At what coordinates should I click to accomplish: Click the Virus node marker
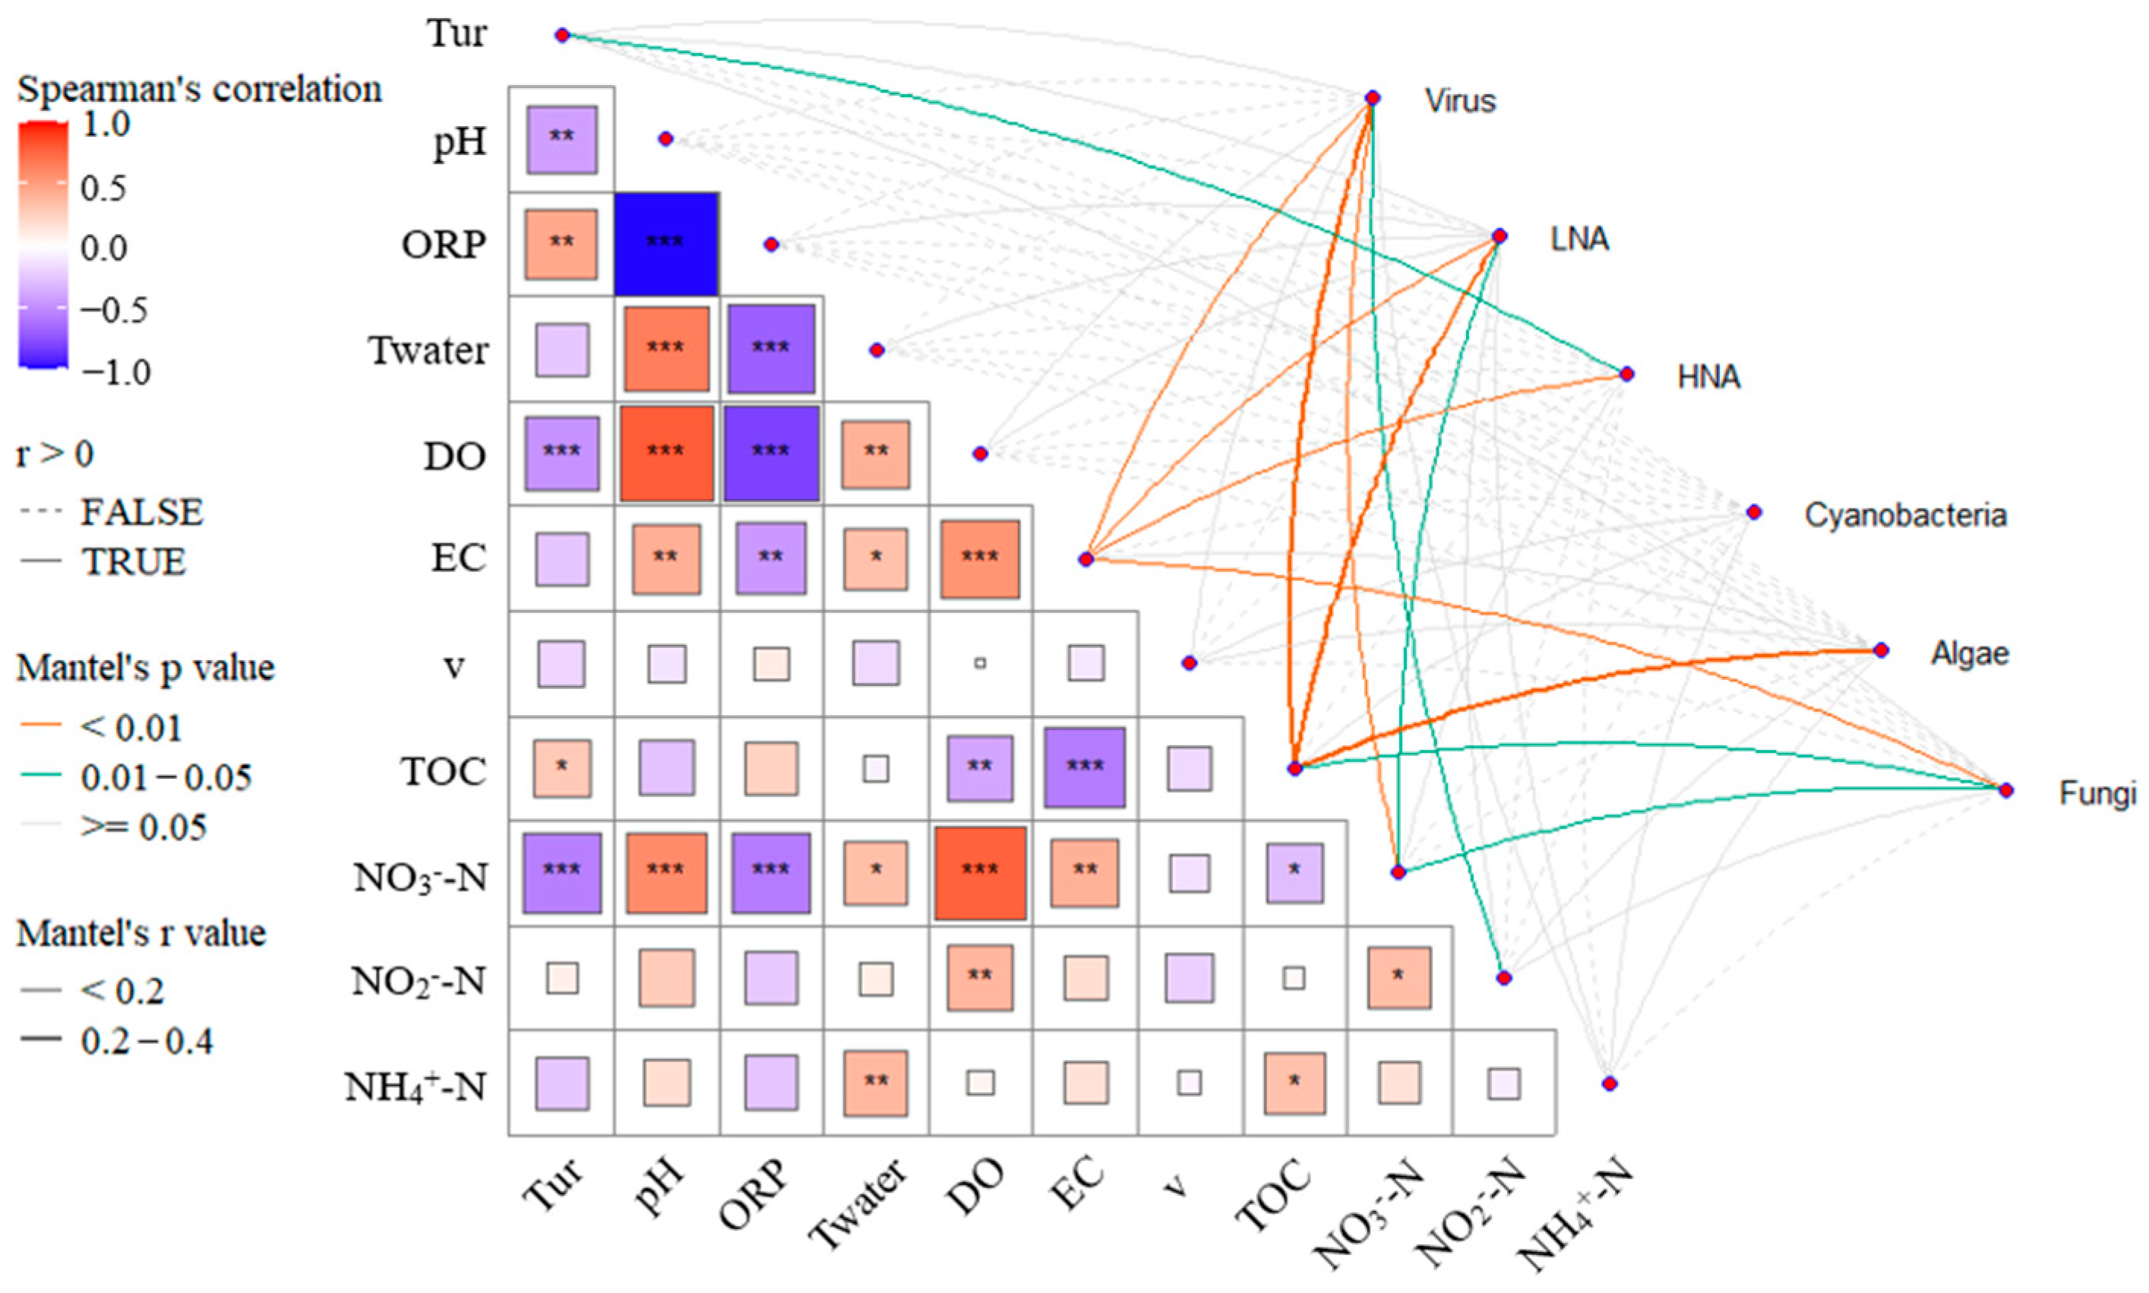pyautogui.click(x=1372, y=97)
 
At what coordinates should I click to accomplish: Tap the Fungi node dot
pyautogui.click(x=2006, y=790)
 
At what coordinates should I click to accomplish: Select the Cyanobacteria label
pyautogui.click(x=1905, y=515)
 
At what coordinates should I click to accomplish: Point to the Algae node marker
pyautogui.click(x=1881, y=650)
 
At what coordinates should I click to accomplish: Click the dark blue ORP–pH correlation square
pyautogui.click(x=666, y=244)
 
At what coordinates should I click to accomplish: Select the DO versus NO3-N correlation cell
pyautogui.click(x=980, y=873)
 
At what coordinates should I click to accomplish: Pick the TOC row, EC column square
pyautogui.click(x=1085, y=767)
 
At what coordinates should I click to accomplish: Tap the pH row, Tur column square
pyautogui.click(x=562, y=140)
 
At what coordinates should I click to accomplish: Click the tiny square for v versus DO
pyautogui.click(x=980, y=663)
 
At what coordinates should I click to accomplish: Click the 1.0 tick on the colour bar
pyautogui.click(x=106, y=125)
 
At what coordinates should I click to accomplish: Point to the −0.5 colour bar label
pyautogui.click(x=113, y=310)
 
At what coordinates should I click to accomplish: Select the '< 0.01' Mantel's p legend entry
pyautogui.click(x=131, y=728)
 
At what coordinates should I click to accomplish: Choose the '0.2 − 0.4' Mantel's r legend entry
pyautogui.click(x=147, y=1040)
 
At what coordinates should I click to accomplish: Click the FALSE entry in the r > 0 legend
pyautogui.click(x=141, y=511)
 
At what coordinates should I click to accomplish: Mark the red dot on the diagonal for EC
pyautogui.click(x=1086, y=558)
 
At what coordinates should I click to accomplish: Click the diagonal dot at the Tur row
pyautogui.click(x=562, y=35)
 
